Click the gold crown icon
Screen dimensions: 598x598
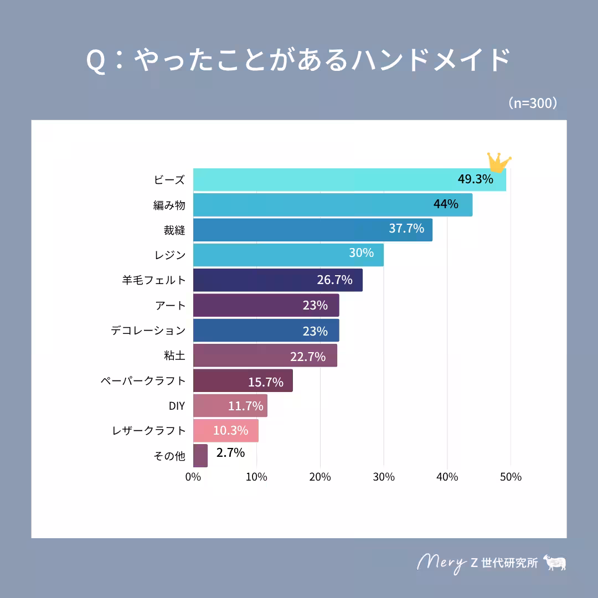coord(499,162)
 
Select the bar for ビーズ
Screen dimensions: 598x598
coord(349,179)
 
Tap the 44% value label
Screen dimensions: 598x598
coord(446,204)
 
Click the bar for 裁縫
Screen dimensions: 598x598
coord(312,229)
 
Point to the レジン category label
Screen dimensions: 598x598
coord(170,255)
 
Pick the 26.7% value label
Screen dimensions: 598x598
coord(334,280)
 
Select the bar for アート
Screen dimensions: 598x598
coord(266,305)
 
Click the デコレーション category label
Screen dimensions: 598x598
coord(148,331)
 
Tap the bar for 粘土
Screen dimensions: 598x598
coord(265,355)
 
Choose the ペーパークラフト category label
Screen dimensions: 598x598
coord(143,381)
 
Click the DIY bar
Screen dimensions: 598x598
coord(230,406)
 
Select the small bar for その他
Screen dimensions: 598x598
coord(200,456)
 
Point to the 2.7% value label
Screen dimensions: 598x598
coord(230,453)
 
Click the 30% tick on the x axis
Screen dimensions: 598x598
coord(384,477)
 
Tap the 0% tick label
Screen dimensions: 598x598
coord(193,477)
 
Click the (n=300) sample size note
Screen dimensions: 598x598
coord(532,104)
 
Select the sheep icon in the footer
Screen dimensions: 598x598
coord(555,562)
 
